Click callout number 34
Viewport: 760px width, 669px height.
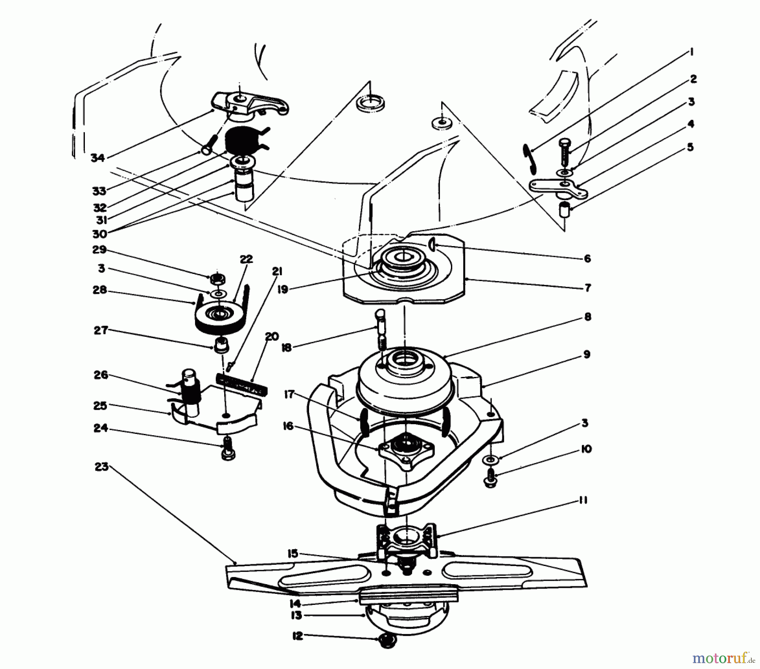(97, 158)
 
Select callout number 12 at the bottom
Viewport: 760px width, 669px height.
(298, 636)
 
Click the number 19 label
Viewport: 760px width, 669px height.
(282, 290)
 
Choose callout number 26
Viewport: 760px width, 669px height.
(102, 375)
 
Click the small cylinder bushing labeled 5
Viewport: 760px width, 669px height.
(565, 210)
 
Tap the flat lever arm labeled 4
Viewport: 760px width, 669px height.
(557, 189)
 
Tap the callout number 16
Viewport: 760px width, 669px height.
(288, 427)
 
